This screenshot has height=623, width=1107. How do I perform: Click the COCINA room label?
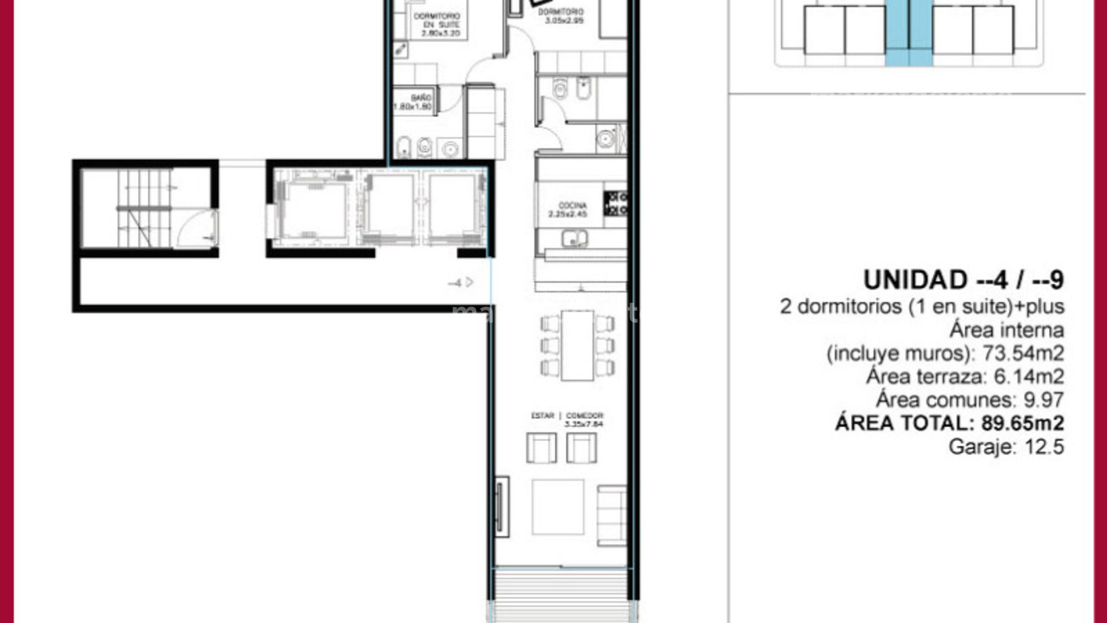coord(572,206)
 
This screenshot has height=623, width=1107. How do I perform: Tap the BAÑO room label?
coord(421,98)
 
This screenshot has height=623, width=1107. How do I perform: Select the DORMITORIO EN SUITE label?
coord(436,21)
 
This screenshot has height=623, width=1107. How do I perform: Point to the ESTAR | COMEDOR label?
coord(567,416)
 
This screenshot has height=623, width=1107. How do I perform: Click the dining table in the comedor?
coord(577,346)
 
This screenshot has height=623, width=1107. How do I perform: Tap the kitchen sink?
coord(574,238)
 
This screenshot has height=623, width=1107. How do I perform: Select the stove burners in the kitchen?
coord(616,204)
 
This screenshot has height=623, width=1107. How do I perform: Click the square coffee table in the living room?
coord(558,507)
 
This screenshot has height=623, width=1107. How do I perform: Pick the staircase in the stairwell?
coord(144,208)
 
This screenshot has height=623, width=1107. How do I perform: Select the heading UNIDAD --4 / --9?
coord(963,280)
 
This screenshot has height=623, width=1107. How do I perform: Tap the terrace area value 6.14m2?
coord(1029,377)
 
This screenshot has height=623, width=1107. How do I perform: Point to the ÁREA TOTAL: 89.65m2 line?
coord(949,423)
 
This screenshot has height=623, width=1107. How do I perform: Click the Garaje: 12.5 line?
coord(1006,447)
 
